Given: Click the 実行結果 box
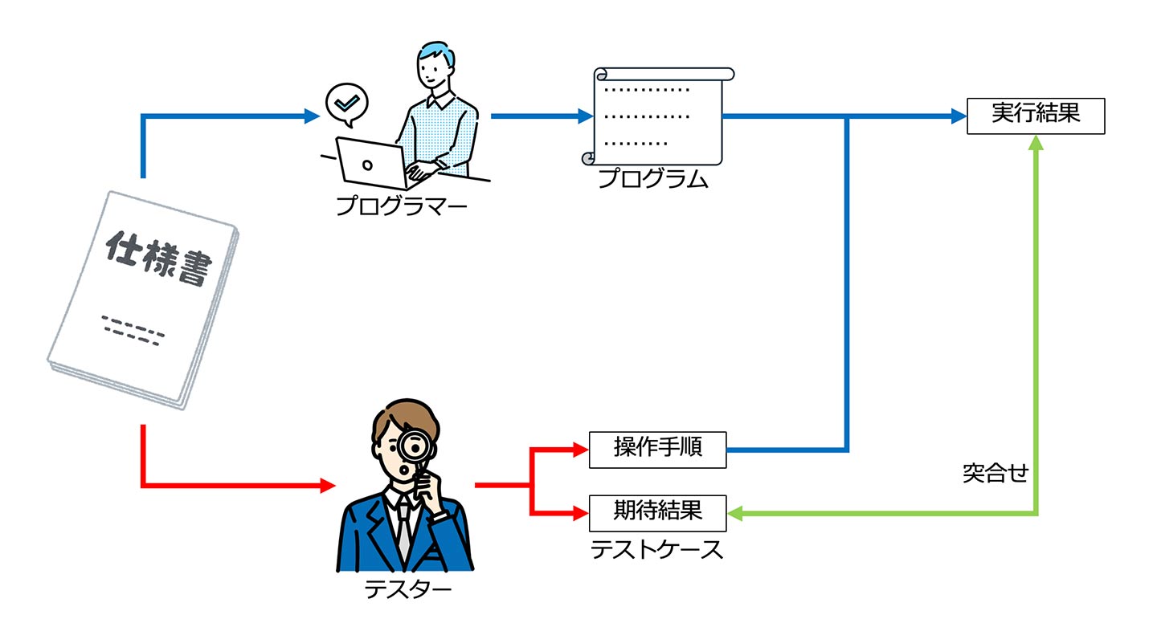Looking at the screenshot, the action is pyautogui.click(x=1036, y=116).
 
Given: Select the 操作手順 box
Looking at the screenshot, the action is pyautogui.click(x=657, y=450).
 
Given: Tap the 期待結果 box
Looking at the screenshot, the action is pyautogui.click(x=657, y=514).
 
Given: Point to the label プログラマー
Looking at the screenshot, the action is pyautogui.click(x=402, y=206).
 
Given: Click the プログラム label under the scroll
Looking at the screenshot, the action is pyautogui.click(x=653, y=178).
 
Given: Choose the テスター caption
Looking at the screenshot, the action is pyautogui.click(x=407, y=589).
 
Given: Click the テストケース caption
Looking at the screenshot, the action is pyautogui.click(x=656, y=549).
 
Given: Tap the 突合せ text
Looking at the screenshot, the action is pyautogui.click(x=996, y=473).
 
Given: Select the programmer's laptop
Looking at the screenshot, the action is pyautogui.click(x=372, y=164).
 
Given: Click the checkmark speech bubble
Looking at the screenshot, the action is pyautogui.click(x=347, y=104).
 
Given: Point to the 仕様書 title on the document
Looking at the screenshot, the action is pyautogui.click(x=158, y=258).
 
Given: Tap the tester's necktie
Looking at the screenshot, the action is pyautogui.click(x=404, y=532).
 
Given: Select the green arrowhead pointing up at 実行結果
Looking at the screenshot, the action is pyautogui.click(x=1036, y=142).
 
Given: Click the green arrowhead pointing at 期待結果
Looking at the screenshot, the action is pyautogui.click(x=735, y=514).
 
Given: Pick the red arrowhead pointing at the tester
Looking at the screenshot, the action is pyautogui.click(x=328, y=485).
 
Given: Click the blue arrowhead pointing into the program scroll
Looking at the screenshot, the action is pyautogui.click(x=586, y=116).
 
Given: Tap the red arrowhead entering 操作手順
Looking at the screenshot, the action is pyautogui.click(x=581, y=450).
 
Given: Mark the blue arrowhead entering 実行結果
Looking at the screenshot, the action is pyautogui.click(x=959, y=116).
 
